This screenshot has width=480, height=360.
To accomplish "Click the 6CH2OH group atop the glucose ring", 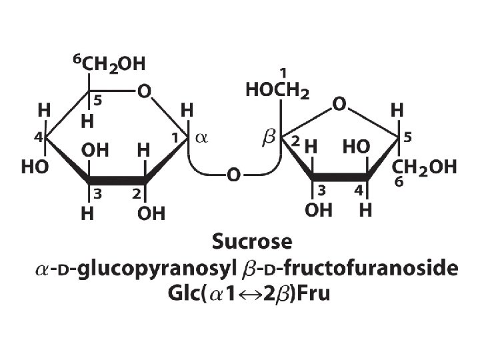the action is [109, 65].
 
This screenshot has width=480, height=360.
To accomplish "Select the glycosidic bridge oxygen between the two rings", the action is [233, 175].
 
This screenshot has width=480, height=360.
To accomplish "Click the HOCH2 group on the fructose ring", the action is [277, 91].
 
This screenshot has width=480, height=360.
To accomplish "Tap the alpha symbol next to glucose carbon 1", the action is [202, 139].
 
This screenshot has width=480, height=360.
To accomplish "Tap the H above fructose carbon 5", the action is [398, 108].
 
